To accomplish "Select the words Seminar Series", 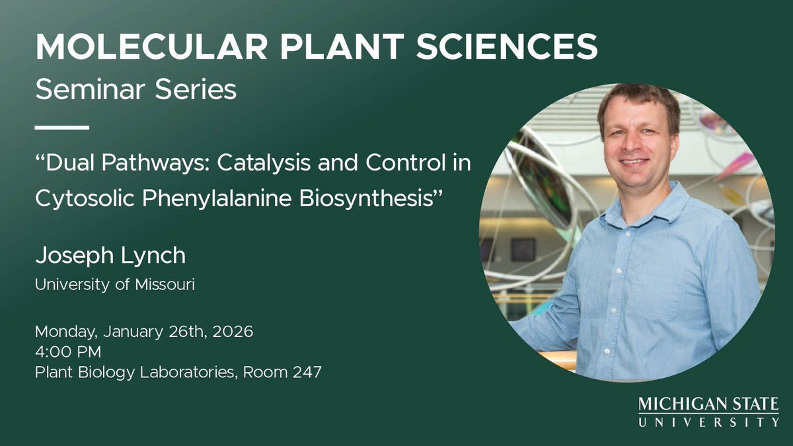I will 135,89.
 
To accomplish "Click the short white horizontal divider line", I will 61,127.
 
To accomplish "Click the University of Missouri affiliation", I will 114,285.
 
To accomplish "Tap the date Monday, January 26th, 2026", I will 143,331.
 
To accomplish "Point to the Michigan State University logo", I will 708,412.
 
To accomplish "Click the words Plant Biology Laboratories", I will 135,372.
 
